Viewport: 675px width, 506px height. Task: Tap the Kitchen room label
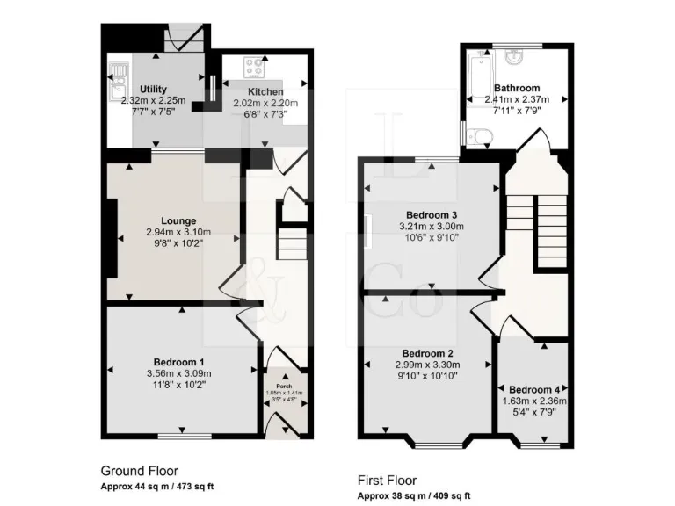click(265, 91)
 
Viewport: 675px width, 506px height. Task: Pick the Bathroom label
click(517, 88)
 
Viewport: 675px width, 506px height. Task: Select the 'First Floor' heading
click(387, 481)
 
